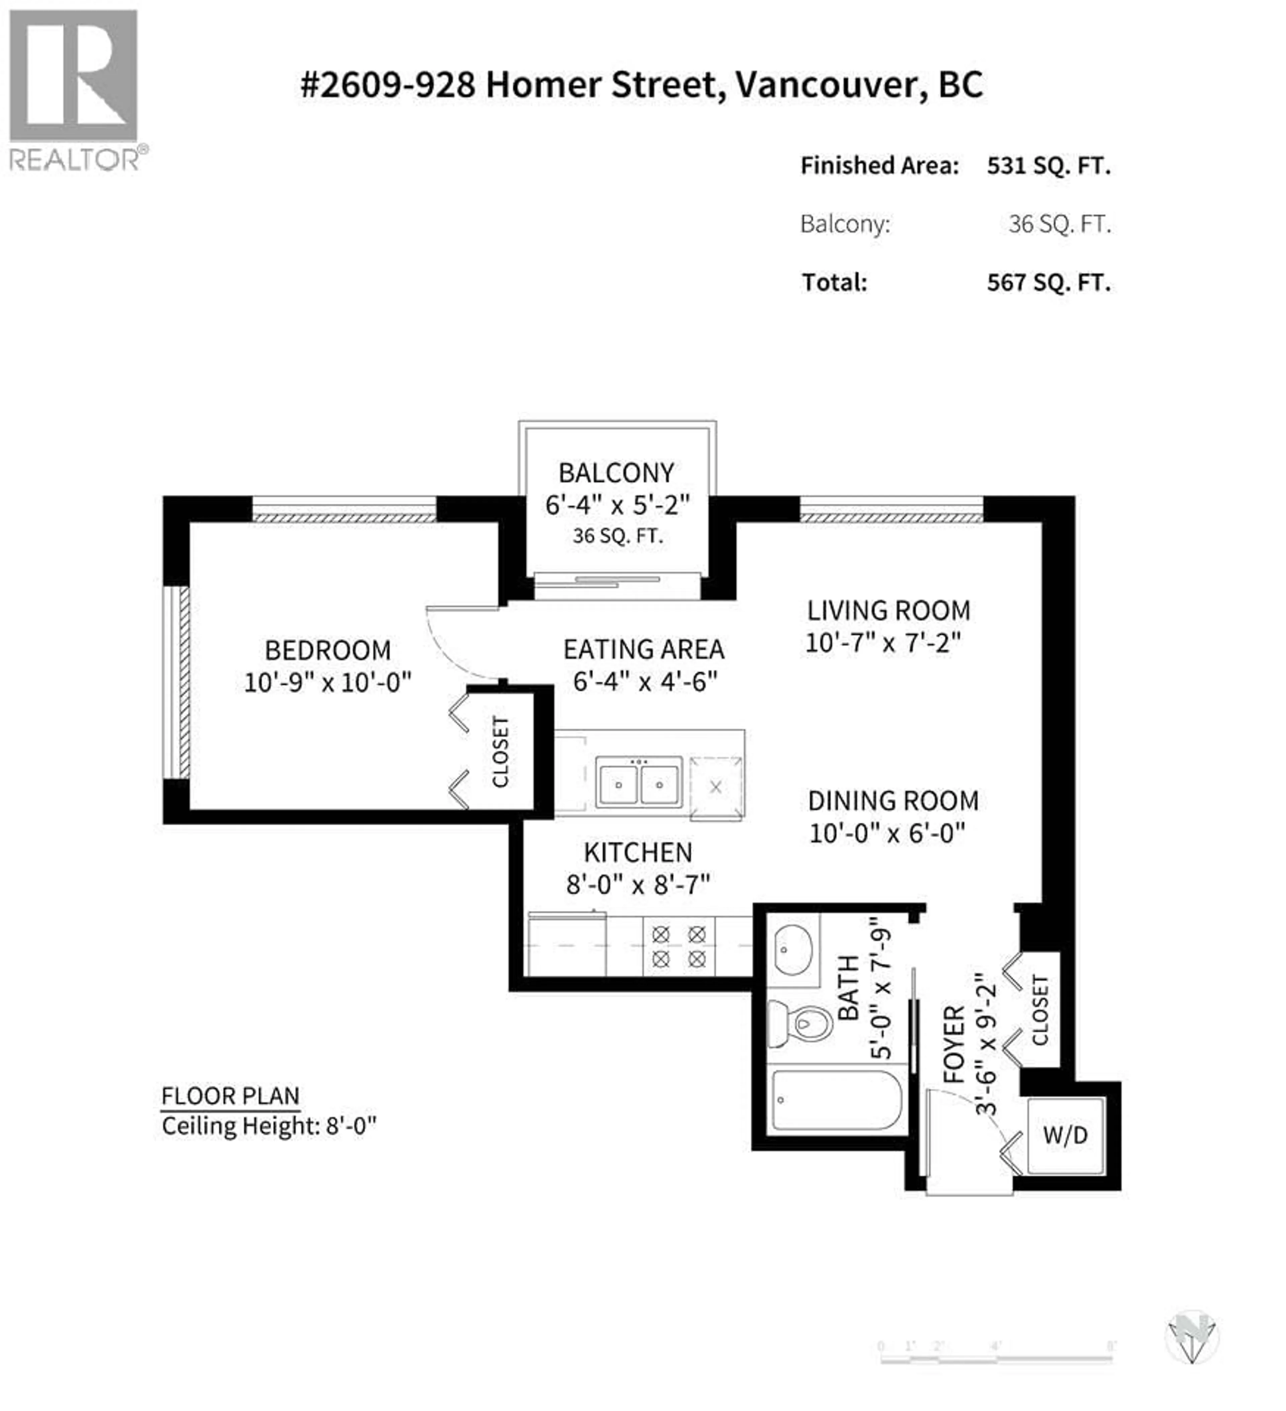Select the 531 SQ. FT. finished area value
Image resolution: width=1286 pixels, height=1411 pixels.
[1048, 166]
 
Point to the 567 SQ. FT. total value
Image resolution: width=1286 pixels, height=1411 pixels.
[1048, 283]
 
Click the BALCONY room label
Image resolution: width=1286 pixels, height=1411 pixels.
[616, 473]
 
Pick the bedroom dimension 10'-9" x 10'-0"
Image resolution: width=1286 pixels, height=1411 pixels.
[328, 683]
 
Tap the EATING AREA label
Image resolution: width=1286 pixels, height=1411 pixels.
[644, 649]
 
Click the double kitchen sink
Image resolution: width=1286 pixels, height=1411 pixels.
[639, 782]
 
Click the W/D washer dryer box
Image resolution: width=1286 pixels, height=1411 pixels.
[1065, 1135]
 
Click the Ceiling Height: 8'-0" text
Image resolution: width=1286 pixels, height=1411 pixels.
[269, 1126]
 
